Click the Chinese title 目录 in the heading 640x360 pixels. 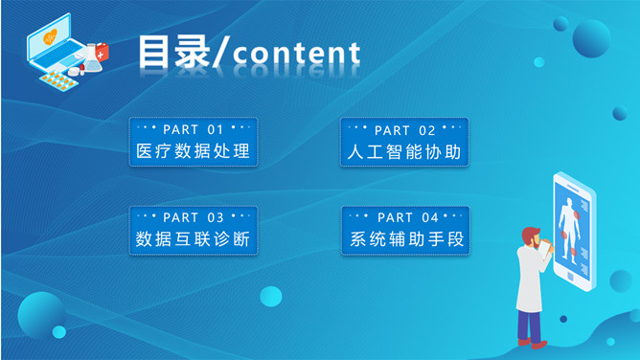point(173,52)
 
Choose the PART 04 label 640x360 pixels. point(406,217)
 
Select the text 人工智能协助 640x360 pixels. point(404,152)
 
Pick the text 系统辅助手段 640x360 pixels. point(406,239)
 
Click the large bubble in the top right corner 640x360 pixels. point(591,38)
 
